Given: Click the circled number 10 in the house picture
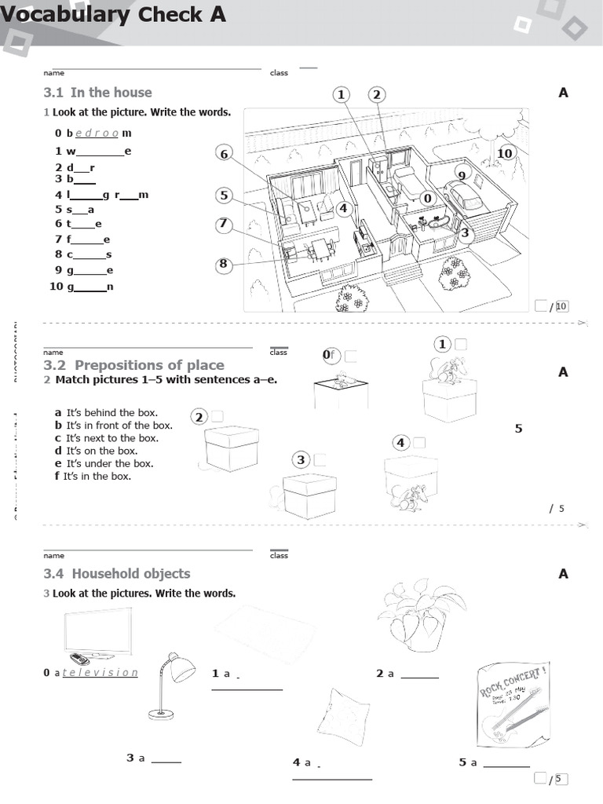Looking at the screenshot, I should pos(505,153).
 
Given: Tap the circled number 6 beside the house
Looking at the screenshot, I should pos(224,154).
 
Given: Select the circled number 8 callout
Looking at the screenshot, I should pos(224,264).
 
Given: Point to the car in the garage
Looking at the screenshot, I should pos(462,196).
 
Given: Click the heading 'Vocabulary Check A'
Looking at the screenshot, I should pos(113,14).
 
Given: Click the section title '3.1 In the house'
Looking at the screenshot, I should pos(97,93).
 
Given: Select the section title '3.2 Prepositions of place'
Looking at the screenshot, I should pos(133,365).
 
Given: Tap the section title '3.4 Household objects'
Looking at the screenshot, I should pos(116,574).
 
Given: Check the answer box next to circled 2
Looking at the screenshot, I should pos(217,416).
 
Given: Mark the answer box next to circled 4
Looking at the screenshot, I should pos(420,443).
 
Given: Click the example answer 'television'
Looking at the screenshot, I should pos(100,673).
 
